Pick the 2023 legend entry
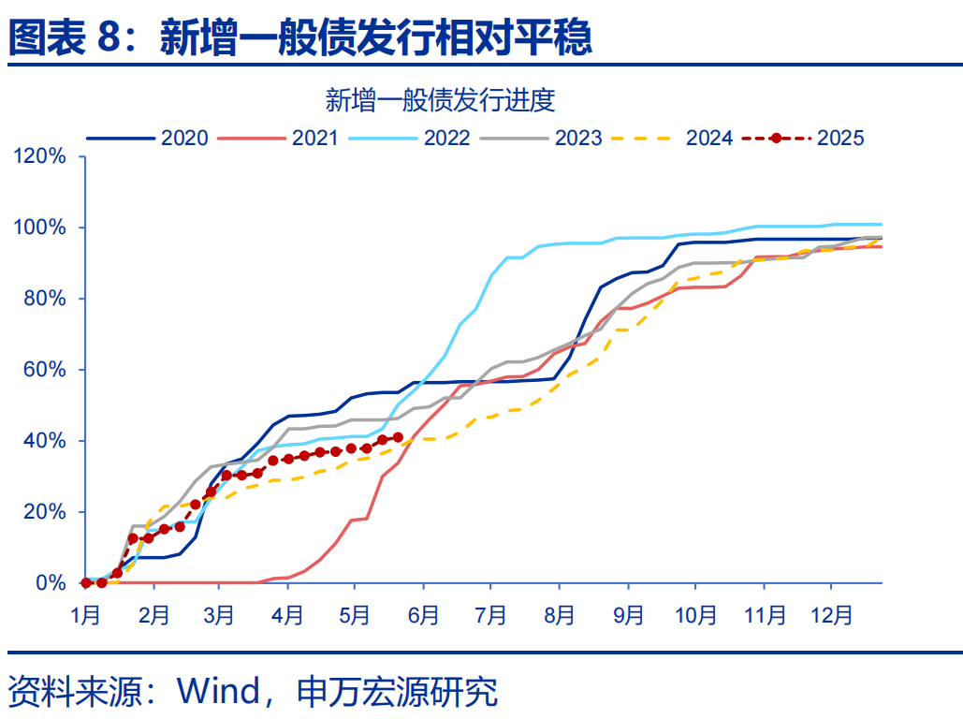(542, 138)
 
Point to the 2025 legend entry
(804, 138)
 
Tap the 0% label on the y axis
(51, 583)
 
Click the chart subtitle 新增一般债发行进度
(440, 99)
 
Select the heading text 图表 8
(66, 37)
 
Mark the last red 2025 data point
(398, 437)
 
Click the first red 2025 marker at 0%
(86, 582)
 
